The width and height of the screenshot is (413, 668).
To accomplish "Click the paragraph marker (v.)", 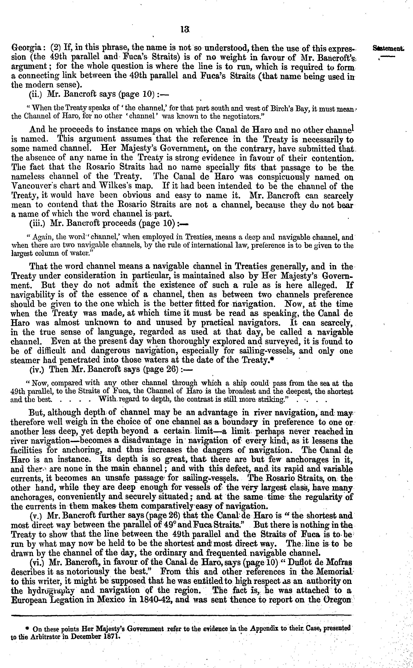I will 37,516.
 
